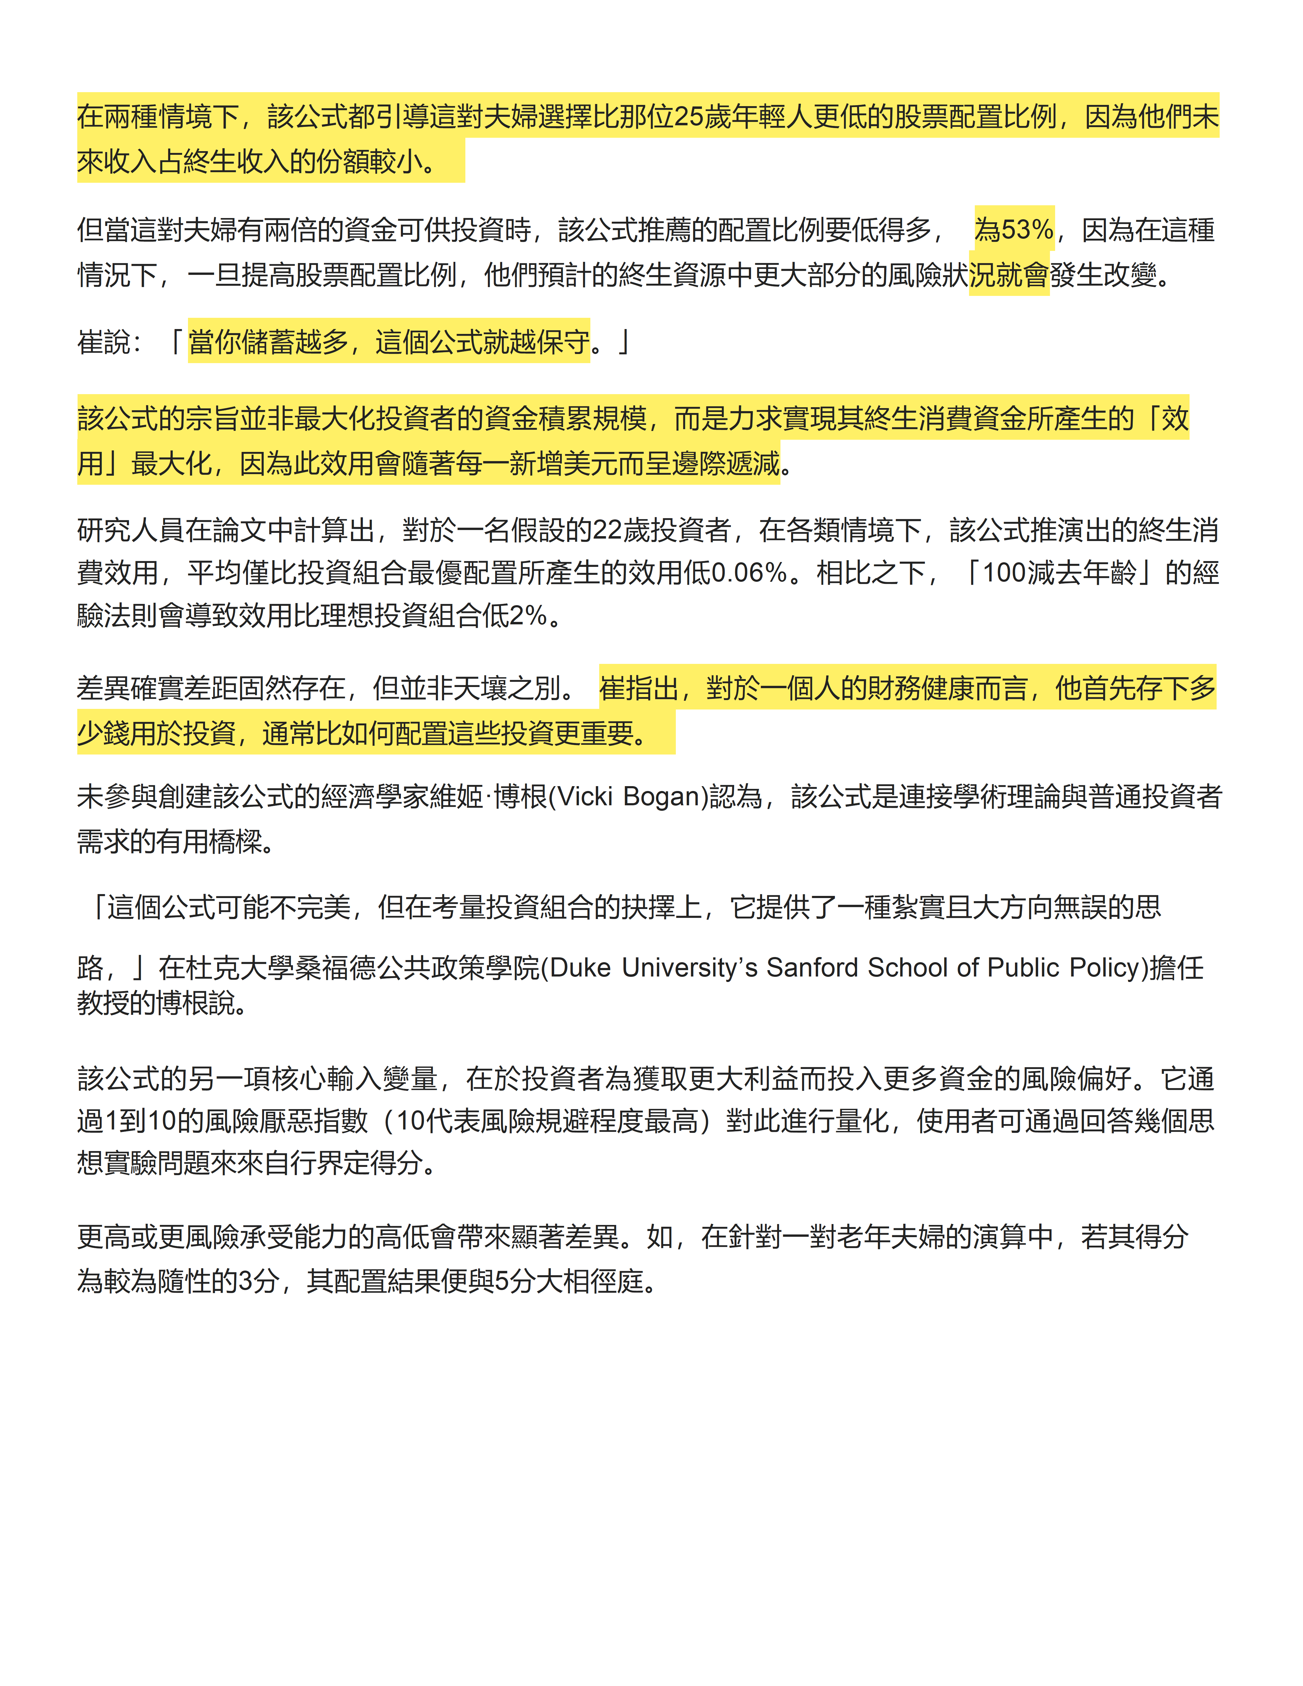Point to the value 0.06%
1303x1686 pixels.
[x=749, y=573]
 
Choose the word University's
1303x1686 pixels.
[x=690, y=967]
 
